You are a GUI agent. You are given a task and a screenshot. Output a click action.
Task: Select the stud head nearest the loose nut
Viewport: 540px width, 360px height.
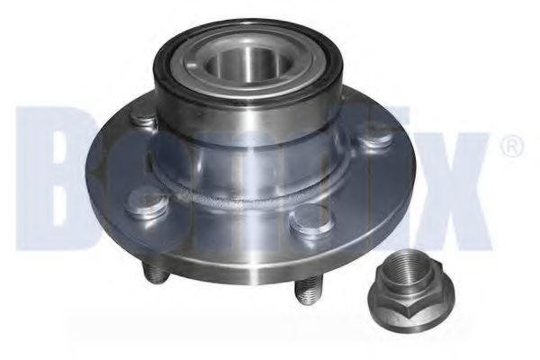310,220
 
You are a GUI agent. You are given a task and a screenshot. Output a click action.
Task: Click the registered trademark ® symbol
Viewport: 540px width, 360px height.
508,146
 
